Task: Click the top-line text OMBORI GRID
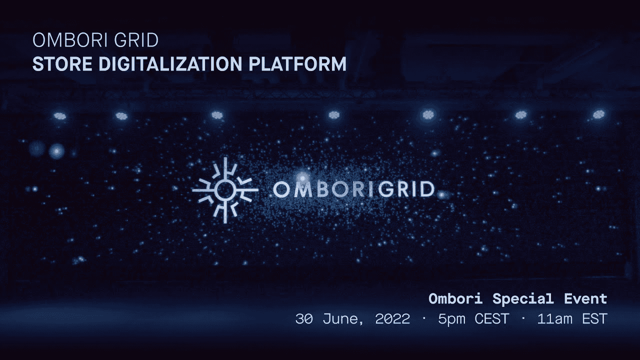[x=95, y=40]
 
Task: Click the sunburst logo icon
[x=225, y=189]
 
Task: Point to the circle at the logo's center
[x=225, y=189]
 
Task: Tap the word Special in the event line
[x=523, y=299]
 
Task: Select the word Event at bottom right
[x=585, y=299]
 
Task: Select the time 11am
[x=554, y=318]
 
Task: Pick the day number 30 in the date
[x=304, y=318]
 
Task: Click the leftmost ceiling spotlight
[x=60, y=116]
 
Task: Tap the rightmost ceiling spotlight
[x=598, y=114]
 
